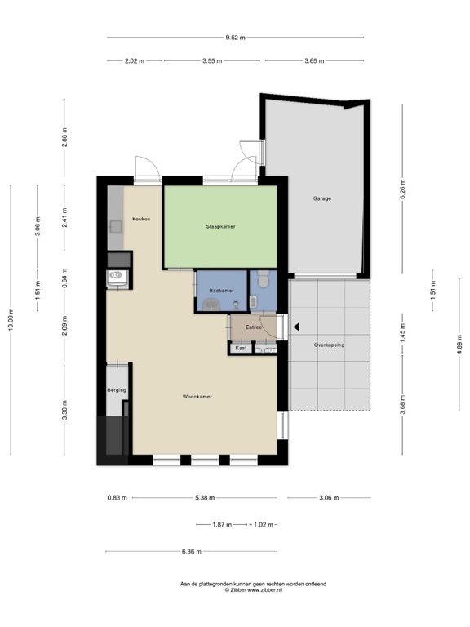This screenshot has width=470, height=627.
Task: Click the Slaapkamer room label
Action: [x=220, y=226]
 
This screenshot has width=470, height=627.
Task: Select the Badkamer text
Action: [x=221, y=291]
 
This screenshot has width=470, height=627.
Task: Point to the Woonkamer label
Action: [x=197, y=397]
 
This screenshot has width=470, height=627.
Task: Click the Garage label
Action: [x=322, y=198]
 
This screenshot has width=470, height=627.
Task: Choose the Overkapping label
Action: [x=329, y=345]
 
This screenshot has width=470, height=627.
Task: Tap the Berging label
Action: [x=117, y=391]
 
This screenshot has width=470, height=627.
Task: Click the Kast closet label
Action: [x=240, y=349]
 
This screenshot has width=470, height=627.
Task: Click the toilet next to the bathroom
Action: [x=262, y=282]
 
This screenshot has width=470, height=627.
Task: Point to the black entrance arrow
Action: [x=296, y=327]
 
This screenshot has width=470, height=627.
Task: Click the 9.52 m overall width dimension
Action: [x=235, y=37]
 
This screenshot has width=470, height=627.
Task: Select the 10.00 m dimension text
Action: [x=11, y=319]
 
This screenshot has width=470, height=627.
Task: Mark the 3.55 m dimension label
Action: [x=213, y=61]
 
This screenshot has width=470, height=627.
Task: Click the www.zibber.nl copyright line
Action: [x=253, y=589]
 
